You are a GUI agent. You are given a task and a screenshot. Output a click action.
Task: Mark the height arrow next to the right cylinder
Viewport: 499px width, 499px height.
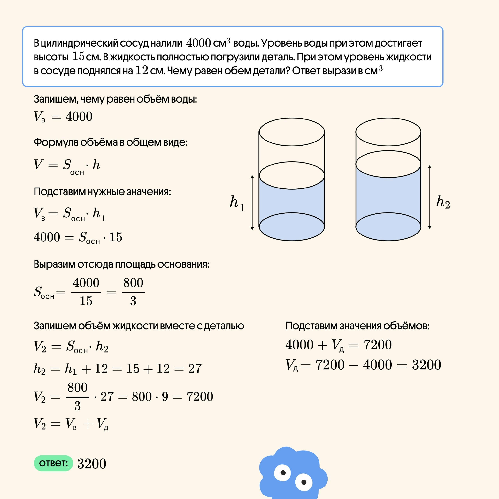coord(430,197)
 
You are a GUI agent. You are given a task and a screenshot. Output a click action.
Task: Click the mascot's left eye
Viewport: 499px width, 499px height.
coord(283,473)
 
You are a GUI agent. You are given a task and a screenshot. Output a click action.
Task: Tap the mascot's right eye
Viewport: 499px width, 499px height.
coord(304,482)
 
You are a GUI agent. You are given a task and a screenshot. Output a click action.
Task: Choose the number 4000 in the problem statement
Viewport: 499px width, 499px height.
coord(198,43)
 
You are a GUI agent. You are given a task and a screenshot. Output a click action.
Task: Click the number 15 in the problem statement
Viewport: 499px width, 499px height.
coord(78,57)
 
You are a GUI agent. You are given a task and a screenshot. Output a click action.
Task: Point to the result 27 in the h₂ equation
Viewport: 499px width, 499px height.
coord(195,369)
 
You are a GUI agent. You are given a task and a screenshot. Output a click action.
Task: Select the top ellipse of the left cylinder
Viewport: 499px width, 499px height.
coord(292,132)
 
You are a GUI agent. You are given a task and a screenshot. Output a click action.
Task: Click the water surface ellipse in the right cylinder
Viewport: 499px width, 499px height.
coord(388,164)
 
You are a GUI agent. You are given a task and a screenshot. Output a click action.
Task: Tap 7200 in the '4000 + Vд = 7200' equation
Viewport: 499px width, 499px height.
coord(377,345)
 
